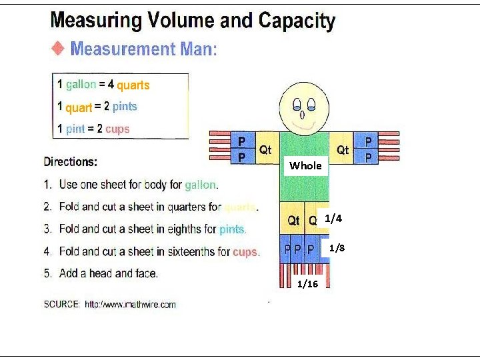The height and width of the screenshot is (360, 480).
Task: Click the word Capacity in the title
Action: (x=297, y=21)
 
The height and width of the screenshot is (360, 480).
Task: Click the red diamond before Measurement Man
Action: (x=59, y=48)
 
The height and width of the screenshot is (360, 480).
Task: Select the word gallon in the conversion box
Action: (x=81, y=85)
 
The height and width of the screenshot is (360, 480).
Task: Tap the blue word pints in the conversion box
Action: (x=125, y=107)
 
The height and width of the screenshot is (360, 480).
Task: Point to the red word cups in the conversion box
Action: (x=117, y=129)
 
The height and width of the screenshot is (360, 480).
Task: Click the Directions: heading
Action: (x=71, y=161)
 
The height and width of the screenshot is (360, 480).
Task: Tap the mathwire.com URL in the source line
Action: (x=130, y=304)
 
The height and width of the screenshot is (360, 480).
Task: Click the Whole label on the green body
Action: (x=305, y=165)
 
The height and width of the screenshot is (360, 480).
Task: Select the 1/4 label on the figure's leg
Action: (x=333, y=219)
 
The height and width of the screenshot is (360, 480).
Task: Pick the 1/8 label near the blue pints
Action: (x=337, y=248)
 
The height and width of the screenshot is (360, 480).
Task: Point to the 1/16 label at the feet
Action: (x=307, y=284)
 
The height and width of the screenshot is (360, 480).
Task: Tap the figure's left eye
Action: (x=296, y=103)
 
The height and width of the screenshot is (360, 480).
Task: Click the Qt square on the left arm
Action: (x=266, y=150)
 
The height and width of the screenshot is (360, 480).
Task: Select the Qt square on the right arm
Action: (x=343, y=150)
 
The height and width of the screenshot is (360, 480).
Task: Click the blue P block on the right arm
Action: (x=368, y=148)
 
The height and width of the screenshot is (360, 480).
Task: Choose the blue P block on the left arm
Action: (x=242, y=149)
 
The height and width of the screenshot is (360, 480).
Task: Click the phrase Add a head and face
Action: (x=109, y=273)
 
